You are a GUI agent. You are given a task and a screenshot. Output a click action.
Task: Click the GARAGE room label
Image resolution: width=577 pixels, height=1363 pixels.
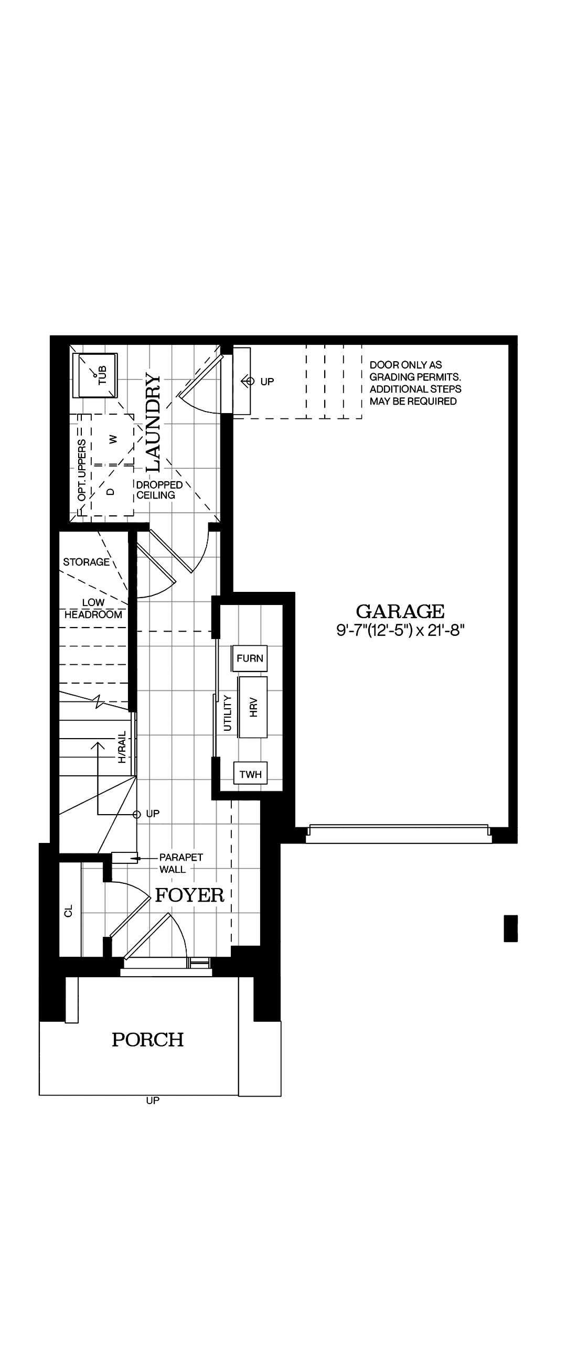(x=400, y=612)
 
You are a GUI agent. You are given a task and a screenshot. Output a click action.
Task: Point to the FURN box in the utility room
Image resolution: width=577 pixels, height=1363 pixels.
(x=250, y=658)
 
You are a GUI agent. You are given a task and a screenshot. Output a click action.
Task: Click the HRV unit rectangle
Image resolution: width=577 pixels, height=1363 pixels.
(x=253, y=707)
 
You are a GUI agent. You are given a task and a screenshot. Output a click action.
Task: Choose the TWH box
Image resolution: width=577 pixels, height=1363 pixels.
(x=250, y=775)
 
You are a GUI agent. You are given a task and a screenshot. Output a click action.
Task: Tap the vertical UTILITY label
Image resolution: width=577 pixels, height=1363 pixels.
(x=228, y=713)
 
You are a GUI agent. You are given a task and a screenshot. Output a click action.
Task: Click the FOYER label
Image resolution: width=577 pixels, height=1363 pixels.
(x=189, y=895)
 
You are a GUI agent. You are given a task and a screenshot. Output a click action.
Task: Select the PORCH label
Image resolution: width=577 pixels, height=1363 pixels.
(x=148, y=1040)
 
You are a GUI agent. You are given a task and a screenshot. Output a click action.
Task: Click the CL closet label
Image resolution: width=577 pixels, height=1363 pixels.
(x=68, y=911)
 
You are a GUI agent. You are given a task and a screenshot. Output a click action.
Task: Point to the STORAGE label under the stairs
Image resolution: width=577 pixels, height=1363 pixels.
(x=86, y=562)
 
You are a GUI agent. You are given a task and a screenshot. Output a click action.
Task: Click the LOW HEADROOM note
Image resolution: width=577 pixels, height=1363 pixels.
(x=93, y=609)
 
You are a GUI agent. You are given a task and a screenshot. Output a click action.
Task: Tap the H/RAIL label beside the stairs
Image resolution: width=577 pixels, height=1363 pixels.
(x=122, y=747)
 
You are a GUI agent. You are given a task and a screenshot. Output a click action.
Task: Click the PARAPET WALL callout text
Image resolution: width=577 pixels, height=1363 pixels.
(x=180, y=863)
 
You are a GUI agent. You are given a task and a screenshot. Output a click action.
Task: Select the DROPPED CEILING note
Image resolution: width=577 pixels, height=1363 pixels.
(x=159, y=490)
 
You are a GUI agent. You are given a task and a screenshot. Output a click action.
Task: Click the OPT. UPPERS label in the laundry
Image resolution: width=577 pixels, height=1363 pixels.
(x=82, y=470)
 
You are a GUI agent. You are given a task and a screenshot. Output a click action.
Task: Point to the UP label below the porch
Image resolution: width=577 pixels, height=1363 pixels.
(x=153, y=1100)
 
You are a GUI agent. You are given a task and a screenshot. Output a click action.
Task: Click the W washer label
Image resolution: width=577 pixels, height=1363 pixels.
(x=112, y=439)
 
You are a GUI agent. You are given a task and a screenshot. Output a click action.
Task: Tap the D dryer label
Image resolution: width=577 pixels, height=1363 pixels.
(x=111, y=491)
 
